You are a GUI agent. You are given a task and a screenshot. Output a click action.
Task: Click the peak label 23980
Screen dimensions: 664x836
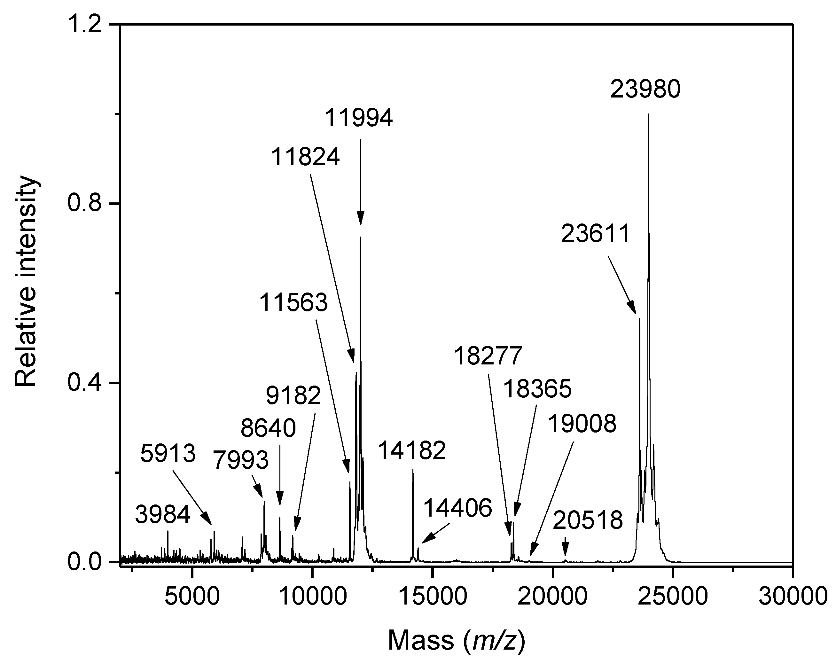645,90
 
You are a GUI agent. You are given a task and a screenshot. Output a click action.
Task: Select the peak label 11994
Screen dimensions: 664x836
359,118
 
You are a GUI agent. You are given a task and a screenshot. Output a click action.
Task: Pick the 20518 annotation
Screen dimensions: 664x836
588,520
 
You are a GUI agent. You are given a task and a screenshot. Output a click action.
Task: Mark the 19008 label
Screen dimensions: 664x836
582,424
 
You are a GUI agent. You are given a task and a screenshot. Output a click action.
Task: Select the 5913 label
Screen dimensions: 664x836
168,454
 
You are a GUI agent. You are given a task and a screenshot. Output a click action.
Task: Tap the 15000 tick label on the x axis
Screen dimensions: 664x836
433,596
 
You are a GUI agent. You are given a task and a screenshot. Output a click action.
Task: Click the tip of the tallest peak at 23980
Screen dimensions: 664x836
648,114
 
